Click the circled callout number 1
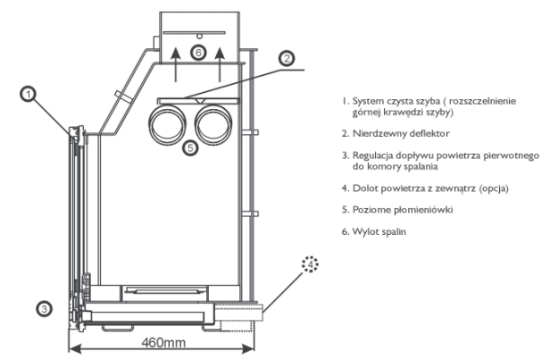point(28,95)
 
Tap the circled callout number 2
point(287,58)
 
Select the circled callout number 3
point(44,309)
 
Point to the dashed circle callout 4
point(310,264)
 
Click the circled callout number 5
point(190,147)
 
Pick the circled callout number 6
point(198,53)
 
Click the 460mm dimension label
point(163,342)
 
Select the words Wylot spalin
point(379,231)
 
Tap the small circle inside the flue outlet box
point(200,36)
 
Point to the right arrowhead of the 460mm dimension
point(248,348)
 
